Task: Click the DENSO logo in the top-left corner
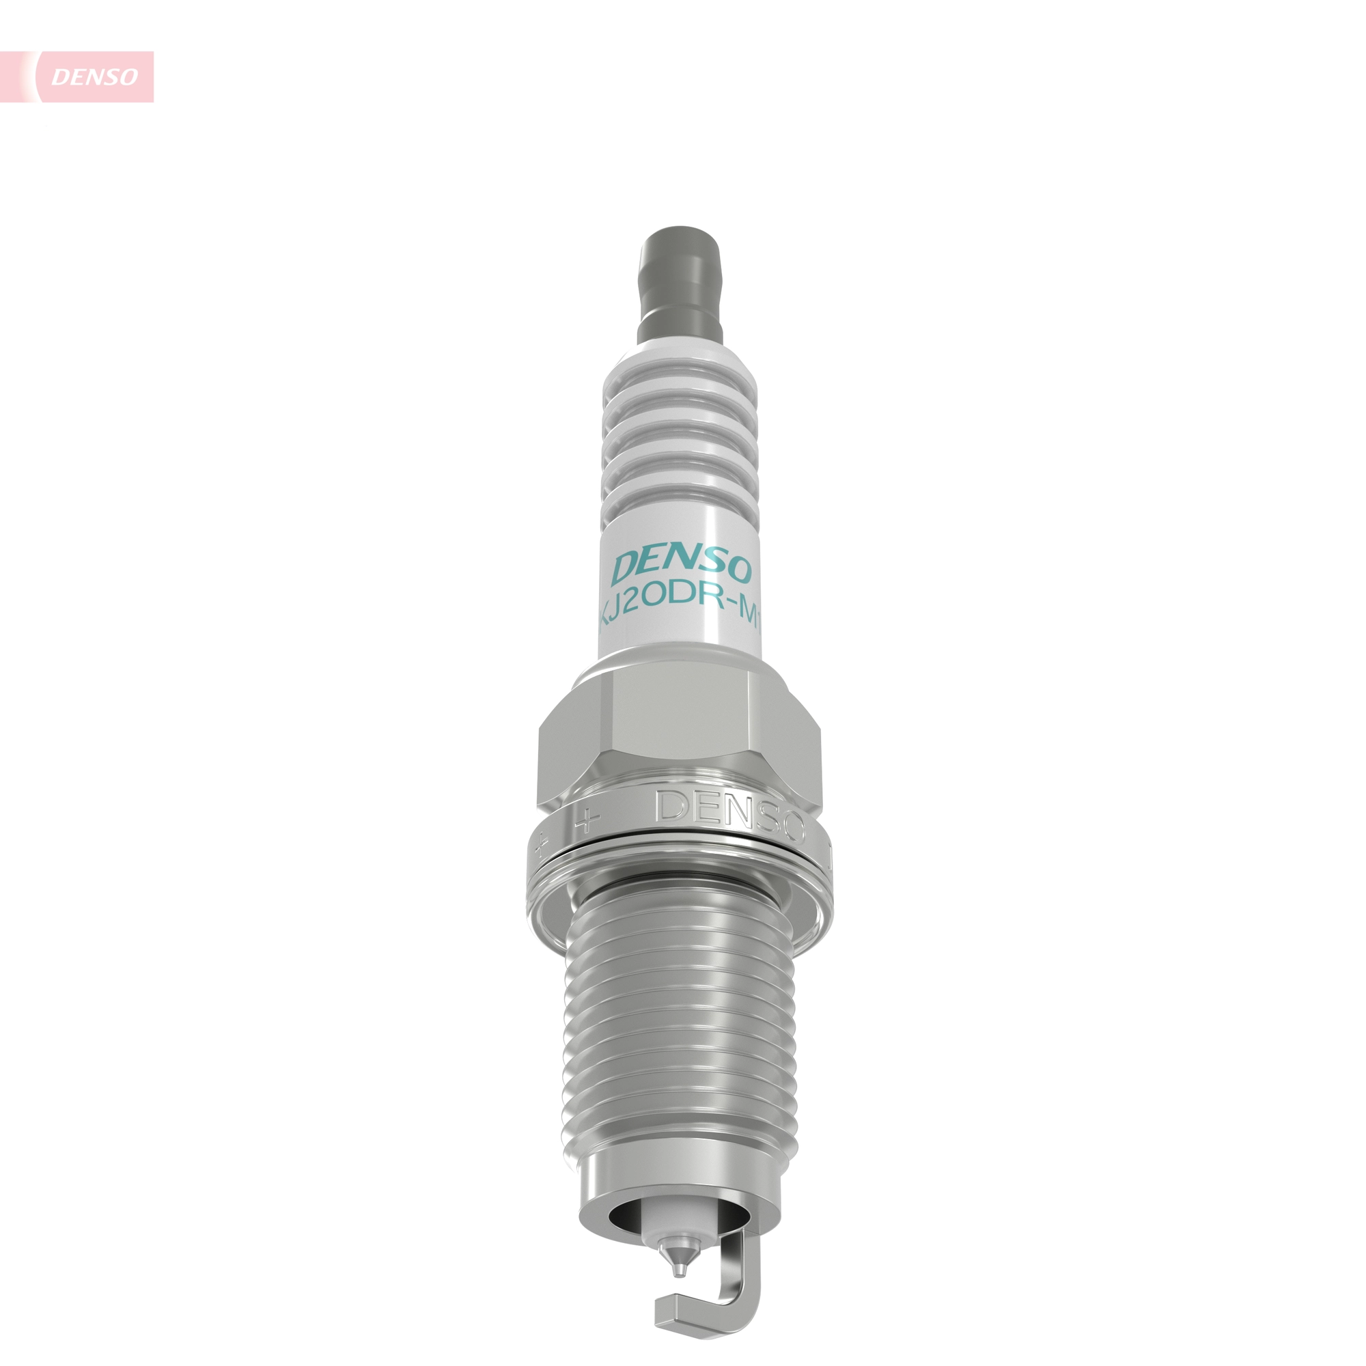click(94, 76)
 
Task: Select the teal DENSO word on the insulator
click(682, 566)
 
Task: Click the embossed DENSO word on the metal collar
click(731, 816)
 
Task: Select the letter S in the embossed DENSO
click(765, 820)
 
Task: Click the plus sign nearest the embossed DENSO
click(586, 820)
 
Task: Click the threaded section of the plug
click(680, 1018)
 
